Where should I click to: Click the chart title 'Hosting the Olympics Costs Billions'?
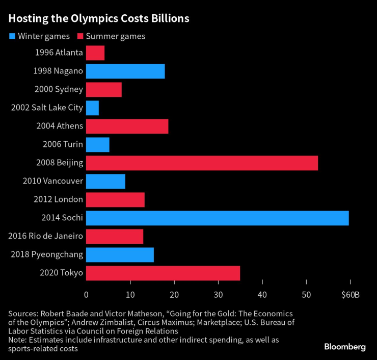point(98,19)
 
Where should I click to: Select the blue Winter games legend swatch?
point(12,36)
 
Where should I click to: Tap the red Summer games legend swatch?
point(80,36)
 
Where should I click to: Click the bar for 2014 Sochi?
point(217,218)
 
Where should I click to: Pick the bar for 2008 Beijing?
point(202,163)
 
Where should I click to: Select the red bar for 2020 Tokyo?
point(163,273)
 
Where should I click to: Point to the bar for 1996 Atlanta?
point(95,53)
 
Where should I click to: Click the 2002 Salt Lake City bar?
point(92,108)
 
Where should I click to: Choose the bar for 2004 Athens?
point(127,126)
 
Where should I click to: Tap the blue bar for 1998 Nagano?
point(125,71)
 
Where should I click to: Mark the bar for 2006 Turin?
point(97,145)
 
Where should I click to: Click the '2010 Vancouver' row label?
point(53,181)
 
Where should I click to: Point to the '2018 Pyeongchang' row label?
point(47,254)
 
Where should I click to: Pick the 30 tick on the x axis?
point(218,295)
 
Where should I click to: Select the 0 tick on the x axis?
point(86,295)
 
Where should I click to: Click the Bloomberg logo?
point(345,347)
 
